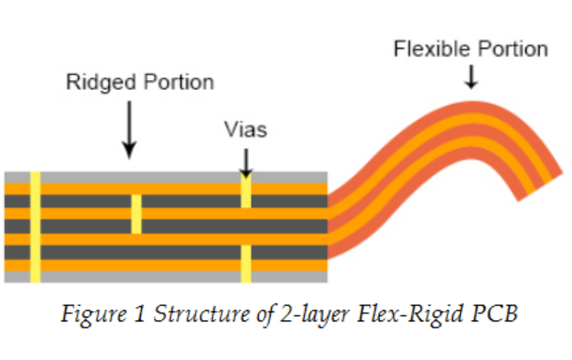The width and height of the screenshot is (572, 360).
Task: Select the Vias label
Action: pos(246,129)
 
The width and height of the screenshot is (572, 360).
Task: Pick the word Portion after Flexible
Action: pos(511,49)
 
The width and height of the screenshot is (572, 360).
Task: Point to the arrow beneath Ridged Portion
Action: pos(129,128)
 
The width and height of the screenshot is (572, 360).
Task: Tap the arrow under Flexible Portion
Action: pos(471,77)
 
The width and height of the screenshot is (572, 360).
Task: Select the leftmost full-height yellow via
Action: pos(36,227)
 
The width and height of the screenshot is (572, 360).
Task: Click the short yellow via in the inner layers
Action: pos(136,214)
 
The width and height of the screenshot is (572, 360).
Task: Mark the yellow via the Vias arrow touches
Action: pos(246,190)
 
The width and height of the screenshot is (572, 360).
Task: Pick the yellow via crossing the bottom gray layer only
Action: pos(246,263)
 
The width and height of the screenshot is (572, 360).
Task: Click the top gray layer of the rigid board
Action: pos(156,177)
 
